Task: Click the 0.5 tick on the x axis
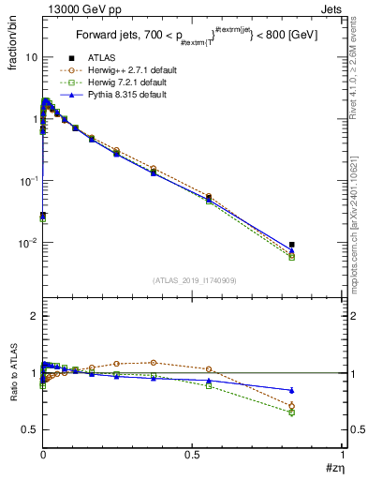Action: (x=193, y=456)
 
